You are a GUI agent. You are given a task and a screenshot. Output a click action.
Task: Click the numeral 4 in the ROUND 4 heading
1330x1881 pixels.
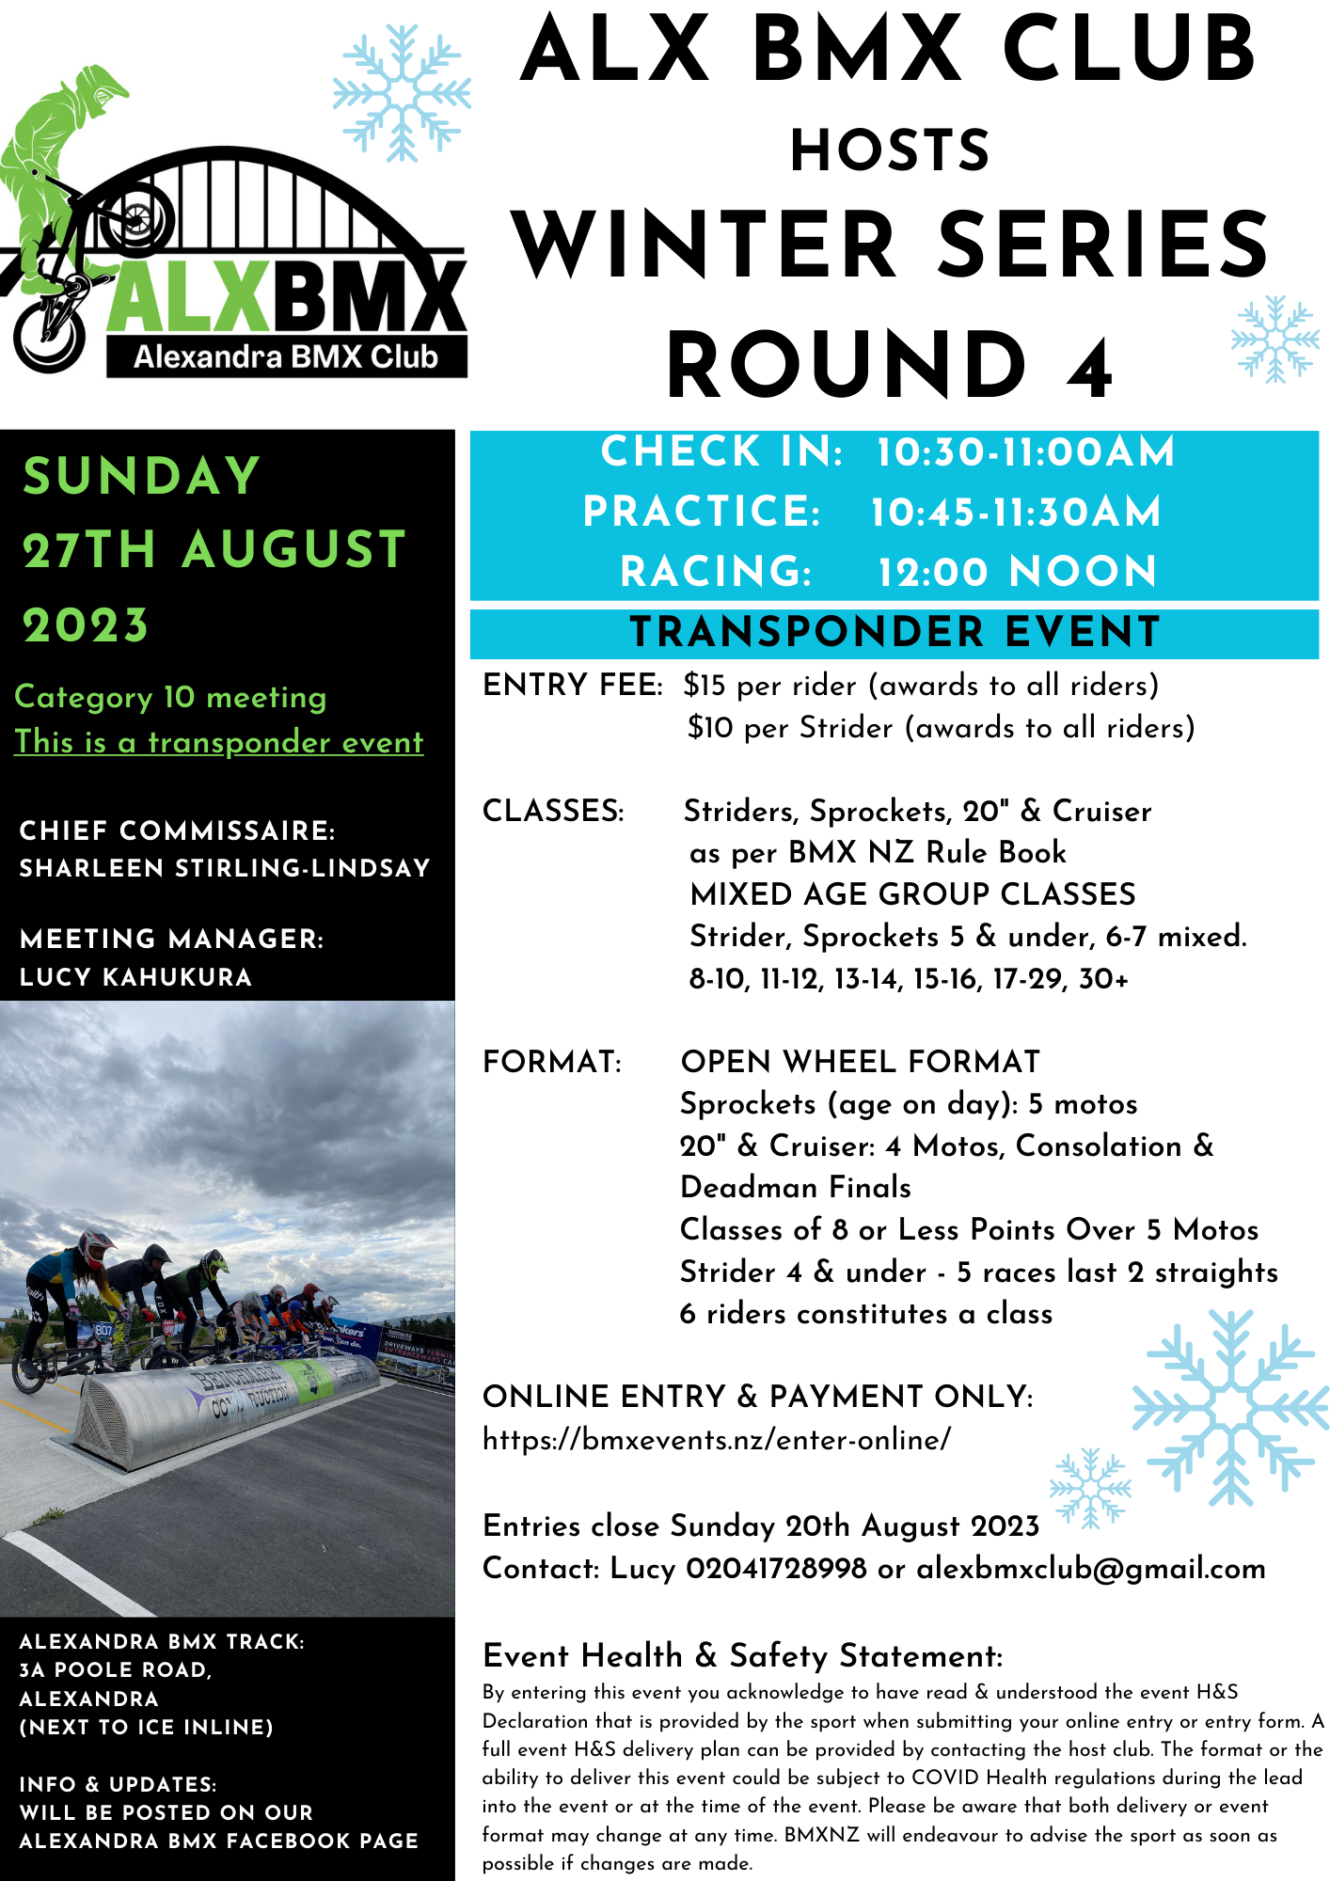[x=1089, y=367]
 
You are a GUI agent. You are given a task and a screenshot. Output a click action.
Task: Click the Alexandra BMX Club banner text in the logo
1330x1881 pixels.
[x=286, y=357]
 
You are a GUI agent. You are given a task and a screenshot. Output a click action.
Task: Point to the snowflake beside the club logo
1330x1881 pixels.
[x=402, y=92]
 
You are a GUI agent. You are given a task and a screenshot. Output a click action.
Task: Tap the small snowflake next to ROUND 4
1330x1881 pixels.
[x=1275, y=339]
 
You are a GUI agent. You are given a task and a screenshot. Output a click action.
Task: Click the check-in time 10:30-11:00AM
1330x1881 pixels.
[x=1025, y=452]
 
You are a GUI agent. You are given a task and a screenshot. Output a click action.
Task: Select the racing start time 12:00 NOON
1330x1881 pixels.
[x=1017, y=572]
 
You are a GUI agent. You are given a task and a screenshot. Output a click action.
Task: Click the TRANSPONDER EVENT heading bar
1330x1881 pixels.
[x=895, y=633]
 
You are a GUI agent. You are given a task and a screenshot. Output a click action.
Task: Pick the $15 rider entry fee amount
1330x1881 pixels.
[x=705, y=686]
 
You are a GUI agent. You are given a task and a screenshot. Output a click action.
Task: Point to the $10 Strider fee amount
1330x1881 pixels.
[x=709, y=728]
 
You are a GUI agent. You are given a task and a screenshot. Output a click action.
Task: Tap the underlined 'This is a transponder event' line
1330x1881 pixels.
[x=219, y=742]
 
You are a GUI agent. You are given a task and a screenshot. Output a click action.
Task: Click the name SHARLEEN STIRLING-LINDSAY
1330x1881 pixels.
[x=225, y=868]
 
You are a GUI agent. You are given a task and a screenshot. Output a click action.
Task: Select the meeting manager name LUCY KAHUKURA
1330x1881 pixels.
[x=136, y=977]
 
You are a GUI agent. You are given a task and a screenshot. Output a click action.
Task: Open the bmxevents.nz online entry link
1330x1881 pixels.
[x=717, y=1440]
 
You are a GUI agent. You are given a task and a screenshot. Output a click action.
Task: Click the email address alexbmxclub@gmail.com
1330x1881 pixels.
[x=1091, y=1569]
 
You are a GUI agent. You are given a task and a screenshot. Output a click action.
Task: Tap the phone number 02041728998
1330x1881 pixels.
[x=776, y=1569]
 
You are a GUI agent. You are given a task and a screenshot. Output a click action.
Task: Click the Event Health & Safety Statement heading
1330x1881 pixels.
[x=743, y=1655]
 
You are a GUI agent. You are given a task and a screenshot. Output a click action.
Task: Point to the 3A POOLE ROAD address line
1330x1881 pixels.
[x=116, y=1670]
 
